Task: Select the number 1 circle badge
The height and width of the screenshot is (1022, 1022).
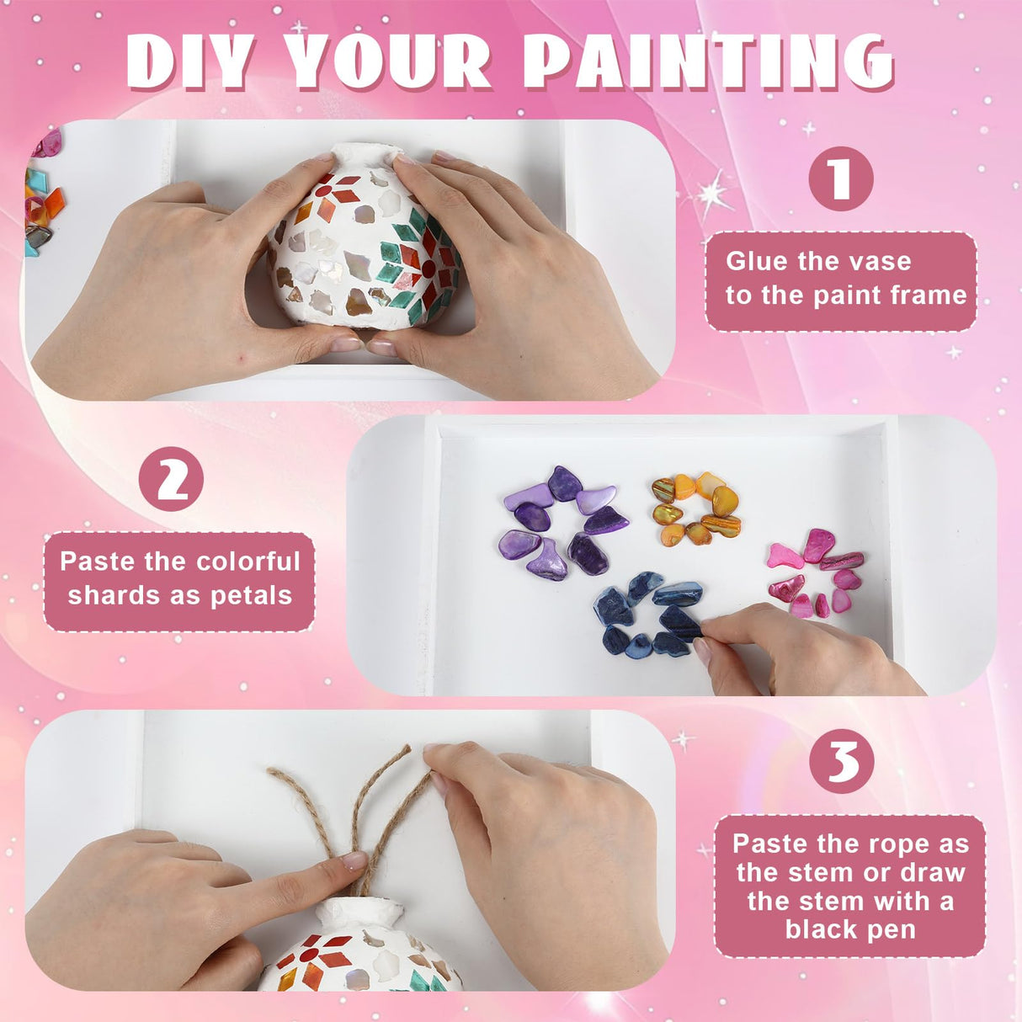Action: tap(840, 178)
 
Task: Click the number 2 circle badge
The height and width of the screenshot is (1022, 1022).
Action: tap(172, 478)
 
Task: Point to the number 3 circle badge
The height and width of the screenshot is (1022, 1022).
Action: tap(841, 761)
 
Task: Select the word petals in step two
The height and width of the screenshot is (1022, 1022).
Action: tap(251, 595)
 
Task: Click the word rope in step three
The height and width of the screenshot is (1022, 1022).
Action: tap(882, 844)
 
